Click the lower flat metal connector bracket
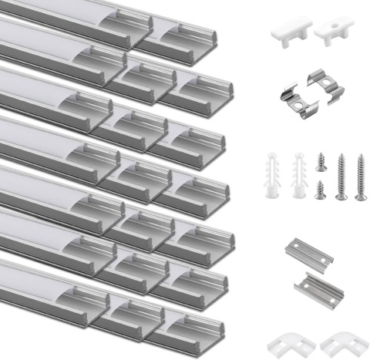pos(318,287)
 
